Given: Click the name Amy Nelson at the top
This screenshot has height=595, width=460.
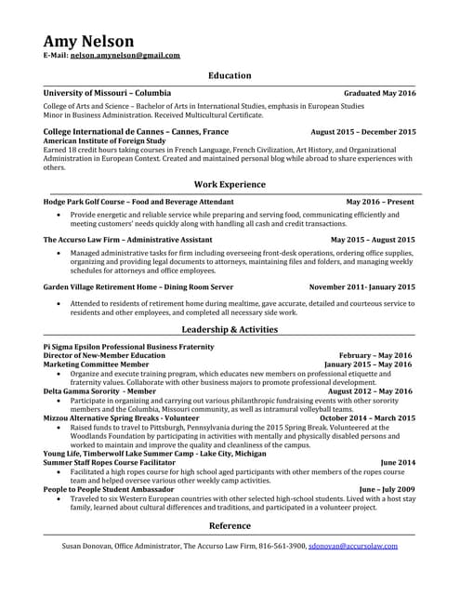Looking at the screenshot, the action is (x=88, y=41).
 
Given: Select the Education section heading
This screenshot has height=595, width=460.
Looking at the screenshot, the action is (x=230, y=75).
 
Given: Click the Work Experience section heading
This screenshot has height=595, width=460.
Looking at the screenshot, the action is (x=230, y=184).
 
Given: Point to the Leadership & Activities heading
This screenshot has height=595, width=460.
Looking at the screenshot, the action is (x=230, y=329).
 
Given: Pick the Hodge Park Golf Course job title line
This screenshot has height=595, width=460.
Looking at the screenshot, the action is (x=138, y=201).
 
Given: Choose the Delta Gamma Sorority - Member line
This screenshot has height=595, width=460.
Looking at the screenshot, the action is (x=99, y=391).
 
